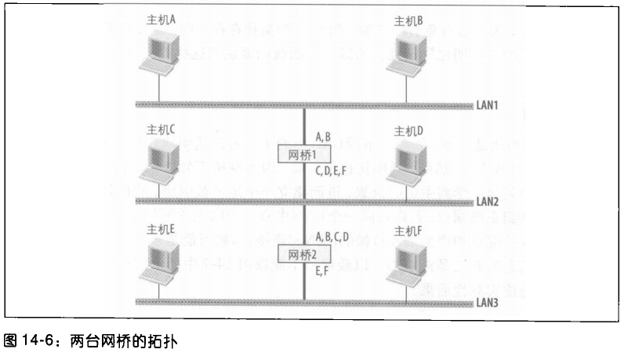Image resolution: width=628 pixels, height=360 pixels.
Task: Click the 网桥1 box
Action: (304, 153)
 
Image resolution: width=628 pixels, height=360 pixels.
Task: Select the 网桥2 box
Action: (304, 254)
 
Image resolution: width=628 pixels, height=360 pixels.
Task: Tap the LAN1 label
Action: (490, 104)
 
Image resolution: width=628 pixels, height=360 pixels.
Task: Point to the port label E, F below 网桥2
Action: (321, 271)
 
